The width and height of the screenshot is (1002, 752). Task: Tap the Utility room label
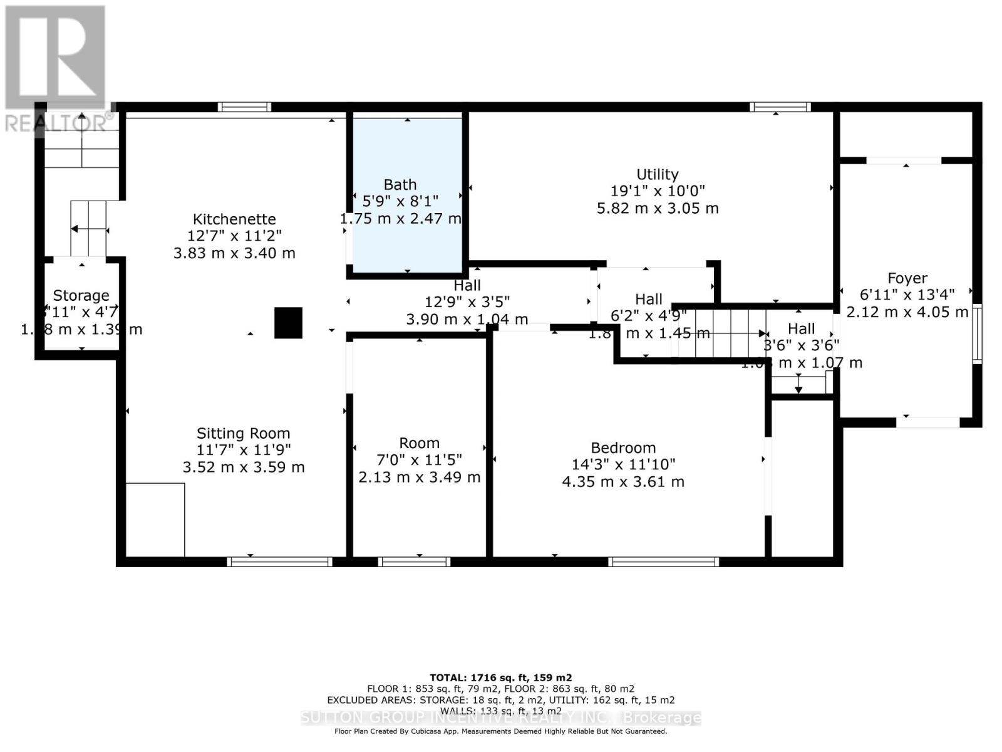tap(657, 174)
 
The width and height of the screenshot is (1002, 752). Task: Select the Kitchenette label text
tap(234, 219)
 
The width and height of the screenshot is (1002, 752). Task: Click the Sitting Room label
tap(243, 433)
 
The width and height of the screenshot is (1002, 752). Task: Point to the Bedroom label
tap(623, 447)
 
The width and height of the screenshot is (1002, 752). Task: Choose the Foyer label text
tap(907, 278)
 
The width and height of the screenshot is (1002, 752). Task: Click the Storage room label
tap(81, 295)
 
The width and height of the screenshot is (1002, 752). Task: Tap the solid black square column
tap(288, 323)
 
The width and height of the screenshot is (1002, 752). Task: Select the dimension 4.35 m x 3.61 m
tap(623, 482)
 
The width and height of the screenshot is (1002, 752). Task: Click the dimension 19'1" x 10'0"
tap(657, 191)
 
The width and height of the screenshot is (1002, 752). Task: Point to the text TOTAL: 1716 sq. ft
tap(500, 677)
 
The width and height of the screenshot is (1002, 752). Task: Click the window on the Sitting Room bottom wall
tap(279, 561)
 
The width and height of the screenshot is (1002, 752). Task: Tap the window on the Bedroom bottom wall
tap(663, 561)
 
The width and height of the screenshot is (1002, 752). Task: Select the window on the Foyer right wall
tap(976, 333)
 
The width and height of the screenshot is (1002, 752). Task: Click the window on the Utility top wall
tap(780, 107)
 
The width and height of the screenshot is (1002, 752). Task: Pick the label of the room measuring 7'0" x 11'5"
tap(419, 443)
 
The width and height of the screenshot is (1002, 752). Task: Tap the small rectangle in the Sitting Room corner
tap(155, 520)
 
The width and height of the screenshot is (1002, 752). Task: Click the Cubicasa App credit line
tap(500, 731)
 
